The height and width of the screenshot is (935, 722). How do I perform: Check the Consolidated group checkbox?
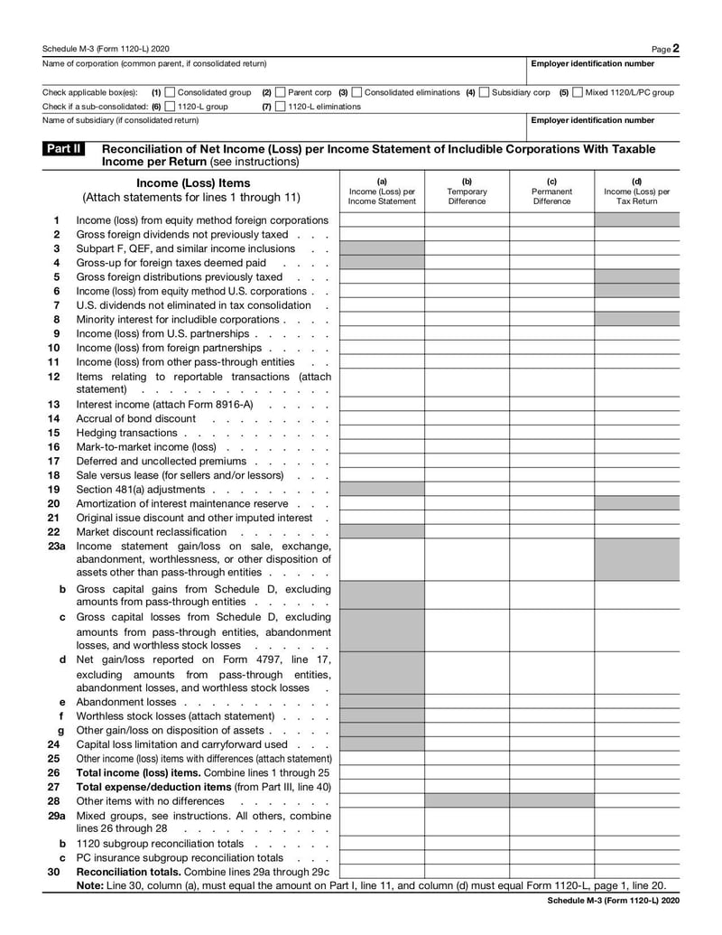tap(170, 92)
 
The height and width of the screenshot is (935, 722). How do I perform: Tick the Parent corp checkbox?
tap(280, 92)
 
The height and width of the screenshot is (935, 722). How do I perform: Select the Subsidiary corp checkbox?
tap(485, 92)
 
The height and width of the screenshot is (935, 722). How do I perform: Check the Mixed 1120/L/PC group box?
tap(578, 92)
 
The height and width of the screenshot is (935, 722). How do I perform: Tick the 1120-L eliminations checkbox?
tap(280, 107)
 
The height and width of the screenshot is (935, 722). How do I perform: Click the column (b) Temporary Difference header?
tap(467, 192)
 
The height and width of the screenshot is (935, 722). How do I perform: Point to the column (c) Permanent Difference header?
tap(551, 192)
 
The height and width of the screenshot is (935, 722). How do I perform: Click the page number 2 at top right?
tap(676, 48)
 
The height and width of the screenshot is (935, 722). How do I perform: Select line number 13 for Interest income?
tap(54, 405)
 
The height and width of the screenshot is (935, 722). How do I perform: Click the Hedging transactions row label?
tap(126, 433)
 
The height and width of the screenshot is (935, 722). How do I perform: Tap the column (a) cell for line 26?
tap(382, 773)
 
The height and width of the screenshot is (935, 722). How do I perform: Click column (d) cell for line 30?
tap(636, 872)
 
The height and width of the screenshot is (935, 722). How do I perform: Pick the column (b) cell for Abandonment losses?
tap(467, 702)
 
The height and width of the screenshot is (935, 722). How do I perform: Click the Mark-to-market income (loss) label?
tap(146, 447)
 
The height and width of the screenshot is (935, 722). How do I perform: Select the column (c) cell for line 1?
tap(551, 220)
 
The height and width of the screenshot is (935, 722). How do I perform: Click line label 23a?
tap(56, 546)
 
